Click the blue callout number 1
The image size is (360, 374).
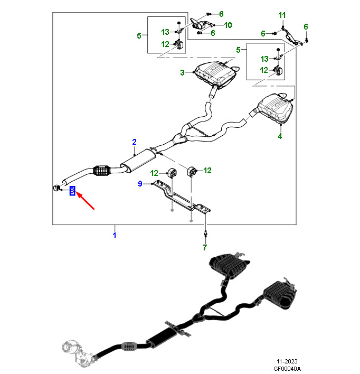click(115, 236)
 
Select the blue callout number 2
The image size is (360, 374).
click(134, 142)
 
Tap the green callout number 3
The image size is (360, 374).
click(183, 72)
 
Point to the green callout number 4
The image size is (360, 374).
click(280, 136)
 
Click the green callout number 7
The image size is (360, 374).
click(205, 247)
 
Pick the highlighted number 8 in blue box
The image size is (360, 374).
click(72, 191)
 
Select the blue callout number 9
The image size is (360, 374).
click(140, 183)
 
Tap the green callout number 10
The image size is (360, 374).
click(228, 25)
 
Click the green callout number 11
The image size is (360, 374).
click(282, 15)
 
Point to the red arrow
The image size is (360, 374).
click(86, 201)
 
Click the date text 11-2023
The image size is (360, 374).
click(287, 361)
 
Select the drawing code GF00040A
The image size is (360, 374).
click(287, 369)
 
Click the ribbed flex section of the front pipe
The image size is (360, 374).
click(102, 171)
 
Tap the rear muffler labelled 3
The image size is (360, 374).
click(216, 74)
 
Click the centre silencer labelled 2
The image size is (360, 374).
click(138, 160)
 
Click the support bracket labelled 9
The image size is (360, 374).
click(182, 197)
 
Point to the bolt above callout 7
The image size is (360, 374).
click(205, 233)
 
